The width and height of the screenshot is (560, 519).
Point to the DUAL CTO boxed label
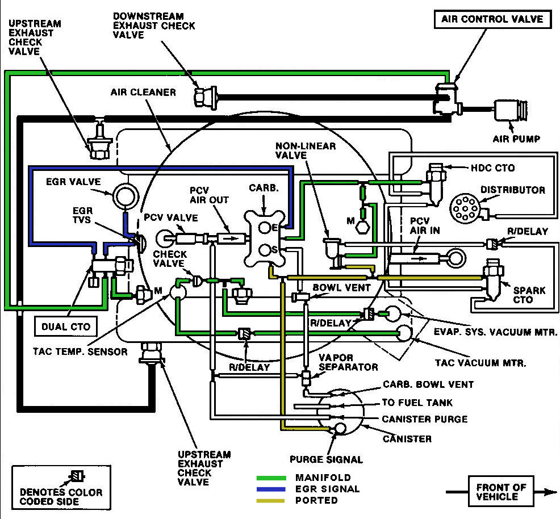(66, 326)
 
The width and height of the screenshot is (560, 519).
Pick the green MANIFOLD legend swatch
(272, 478)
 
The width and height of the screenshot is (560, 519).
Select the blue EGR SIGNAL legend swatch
(272, 489)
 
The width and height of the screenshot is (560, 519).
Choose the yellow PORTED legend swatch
(272, 500)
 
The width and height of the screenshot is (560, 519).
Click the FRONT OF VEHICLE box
(501, 492)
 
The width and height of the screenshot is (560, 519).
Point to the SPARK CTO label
(529, 295)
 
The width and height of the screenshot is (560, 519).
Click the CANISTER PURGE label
(425, 420)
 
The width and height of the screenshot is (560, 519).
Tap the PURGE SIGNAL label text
(325, 459)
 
